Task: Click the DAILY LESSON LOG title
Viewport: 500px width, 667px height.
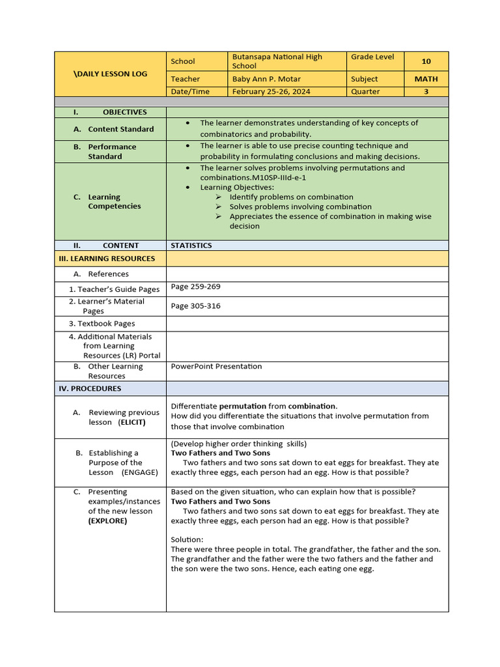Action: click(110, 74)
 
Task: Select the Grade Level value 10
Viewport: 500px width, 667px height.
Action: click(426, 61)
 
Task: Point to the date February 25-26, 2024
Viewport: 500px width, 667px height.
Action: click(271, 92)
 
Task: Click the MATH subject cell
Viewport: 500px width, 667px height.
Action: click(426, 79)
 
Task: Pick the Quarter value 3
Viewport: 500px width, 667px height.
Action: click(426, 92)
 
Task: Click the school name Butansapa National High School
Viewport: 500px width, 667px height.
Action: click(277, 61)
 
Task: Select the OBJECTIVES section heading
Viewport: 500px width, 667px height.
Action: click(124, 112)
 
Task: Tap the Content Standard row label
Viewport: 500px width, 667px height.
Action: click(120, 129)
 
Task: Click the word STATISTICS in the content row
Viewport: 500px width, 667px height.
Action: click(191, 246)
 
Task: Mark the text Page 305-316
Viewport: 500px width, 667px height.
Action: click(195, 306)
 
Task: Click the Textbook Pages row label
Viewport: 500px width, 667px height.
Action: click(106, 324)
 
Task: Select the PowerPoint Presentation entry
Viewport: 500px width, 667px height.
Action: click(216, 366)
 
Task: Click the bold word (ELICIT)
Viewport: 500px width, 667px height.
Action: click(132, 422)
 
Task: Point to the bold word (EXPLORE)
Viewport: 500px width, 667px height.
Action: click(107, 521)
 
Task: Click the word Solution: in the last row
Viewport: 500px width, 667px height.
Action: click(187, 539)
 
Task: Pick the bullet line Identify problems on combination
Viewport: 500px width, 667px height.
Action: click(291, 197)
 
